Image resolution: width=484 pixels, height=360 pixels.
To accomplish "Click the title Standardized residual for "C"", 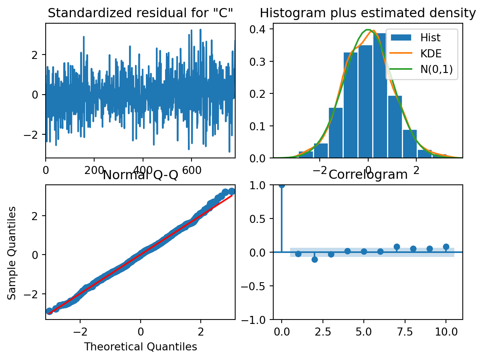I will point(140,13).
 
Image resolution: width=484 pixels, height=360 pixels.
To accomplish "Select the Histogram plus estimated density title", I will point(368,13).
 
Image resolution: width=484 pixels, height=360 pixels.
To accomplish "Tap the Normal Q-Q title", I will point(141,175).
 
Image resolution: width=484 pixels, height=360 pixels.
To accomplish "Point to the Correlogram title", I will point(368,175).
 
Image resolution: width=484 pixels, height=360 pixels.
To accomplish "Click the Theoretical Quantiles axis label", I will point(140,347).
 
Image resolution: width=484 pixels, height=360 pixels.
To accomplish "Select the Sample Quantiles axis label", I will point(12,253).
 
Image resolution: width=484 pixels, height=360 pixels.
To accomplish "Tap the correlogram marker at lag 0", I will point(282,185).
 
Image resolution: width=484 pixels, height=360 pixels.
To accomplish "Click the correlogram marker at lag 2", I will point(315,259).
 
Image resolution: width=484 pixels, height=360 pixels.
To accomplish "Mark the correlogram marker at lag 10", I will point(446,247).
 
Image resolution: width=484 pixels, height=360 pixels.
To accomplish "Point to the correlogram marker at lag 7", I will point(397,247).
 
